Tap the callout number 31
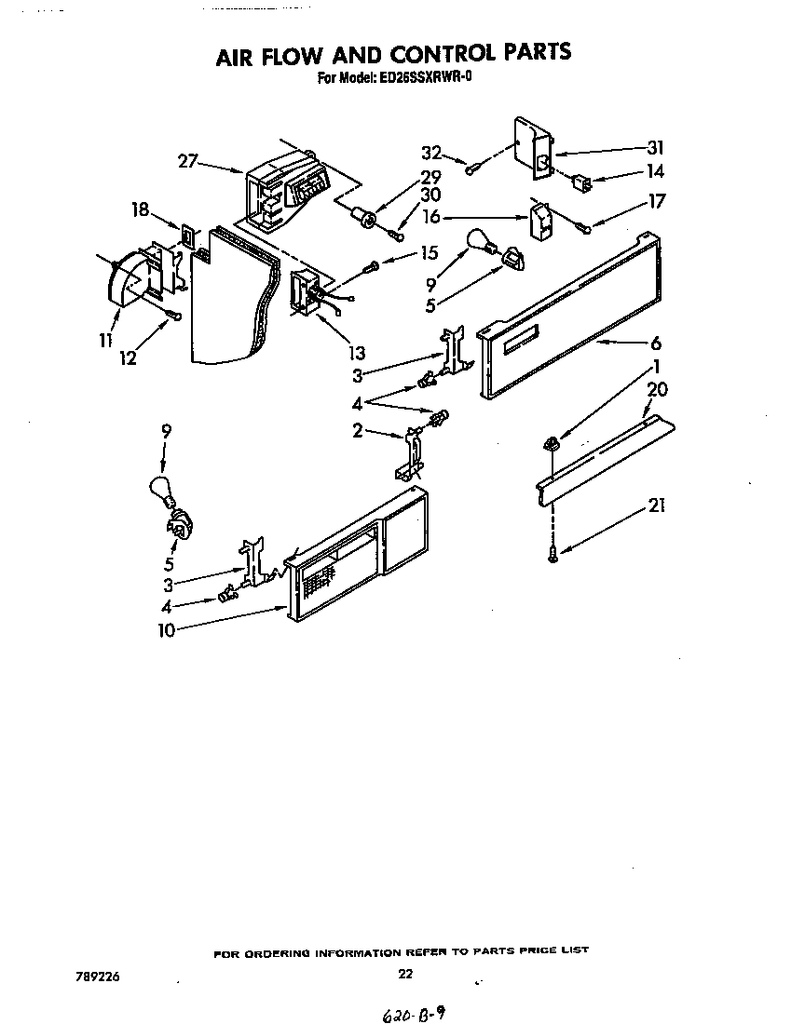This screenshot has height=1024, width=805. pyautogui.click(x=656, y=146)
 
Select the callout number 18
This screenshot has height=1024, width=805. pyautogui.click(x=140, y=210)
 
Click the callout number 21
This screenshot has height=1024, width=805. pyautogui.click(x=658, y=506)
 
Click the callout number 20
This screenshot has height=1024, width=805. pyautogui.click(x=658, y=389)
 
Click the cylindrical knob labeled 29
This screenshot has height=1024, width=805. pyautogui.click(x=366, y=221)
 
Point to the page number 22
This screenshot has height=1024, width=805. pyautogui.click(x=404, y=975)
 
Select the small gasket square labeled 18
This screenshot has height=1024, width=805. pyautogui.click(x=189, y=236)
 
